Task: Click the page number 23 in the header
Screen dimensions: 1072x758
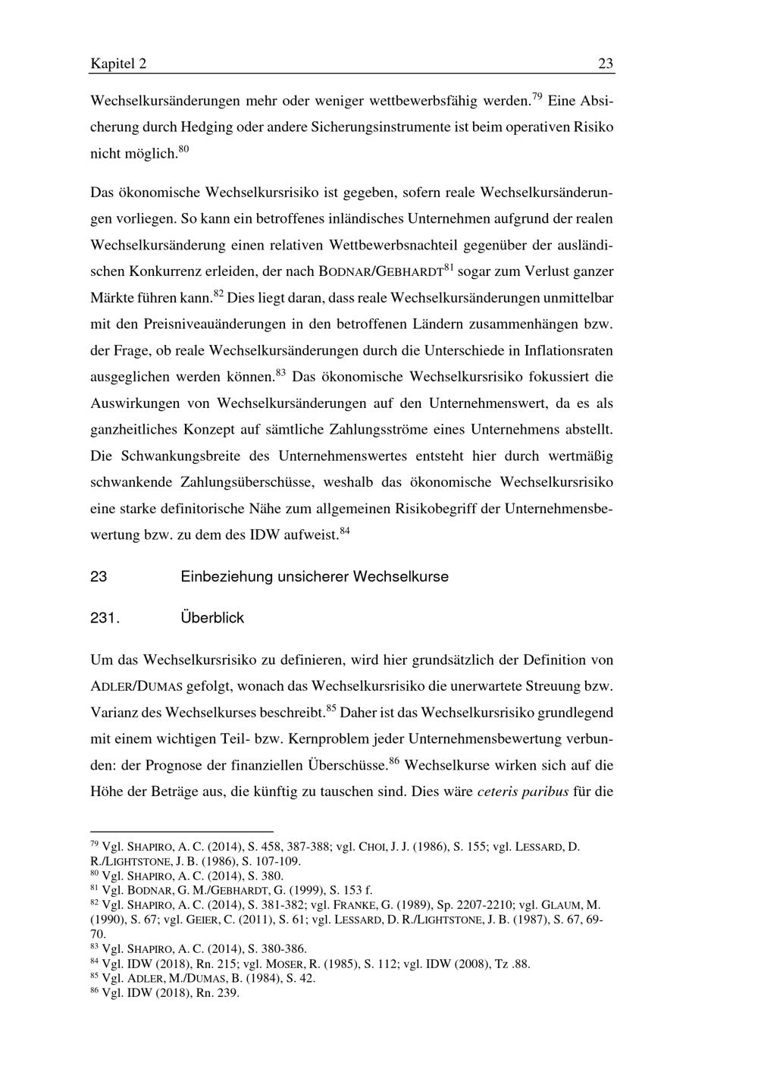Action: coord(606,64)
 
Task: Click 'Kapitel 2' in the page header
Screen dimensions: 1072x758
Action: coord(118,64)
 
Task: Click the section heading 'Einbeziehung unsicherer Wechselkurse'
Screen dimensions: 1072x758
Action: coord(315,577)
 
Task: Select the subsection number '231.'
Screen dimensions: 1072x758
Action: coord(105,618)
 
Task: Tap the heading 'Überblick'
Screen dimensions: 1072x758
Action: coord(212,618)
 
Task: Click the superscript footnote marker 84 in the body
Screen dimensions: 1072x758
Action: coord(344,531)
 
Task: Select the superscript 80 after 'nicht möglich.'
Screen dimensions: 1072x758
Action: coord(183,149)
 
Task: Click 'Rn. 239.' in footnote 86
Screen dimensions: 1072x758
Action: coord(217,992)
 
